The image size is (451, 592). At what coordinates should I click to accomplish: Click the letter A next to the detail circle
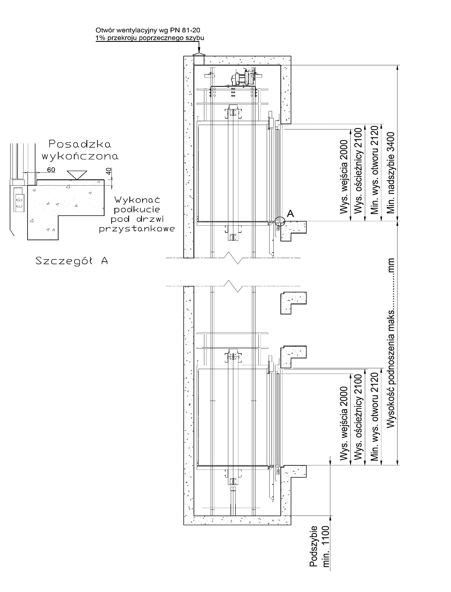(290, 214)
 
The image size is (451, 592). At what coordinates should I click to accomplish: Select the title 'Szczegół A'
(72, 261)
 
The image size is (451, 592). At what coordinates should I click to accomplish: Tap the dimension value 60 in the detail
(51, 169)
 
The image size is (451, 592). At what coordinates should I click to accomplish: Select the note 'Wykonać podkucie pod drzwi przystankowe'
(137, 215)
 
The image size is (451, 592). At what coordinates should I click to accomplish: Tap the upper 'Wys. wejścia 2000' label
(344, 177)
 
